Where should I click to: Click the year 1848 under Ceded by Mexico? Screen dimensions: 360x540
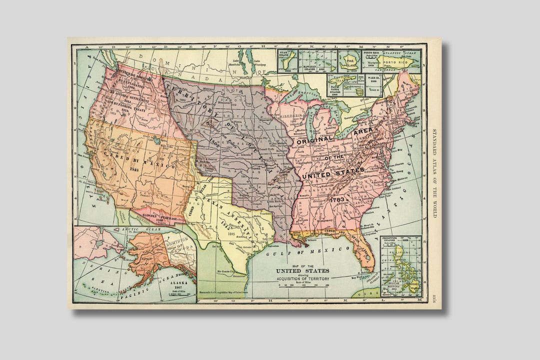tap(134, 169)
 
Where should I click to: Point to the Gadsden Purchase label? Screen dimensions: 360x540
tap(153, 216)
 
